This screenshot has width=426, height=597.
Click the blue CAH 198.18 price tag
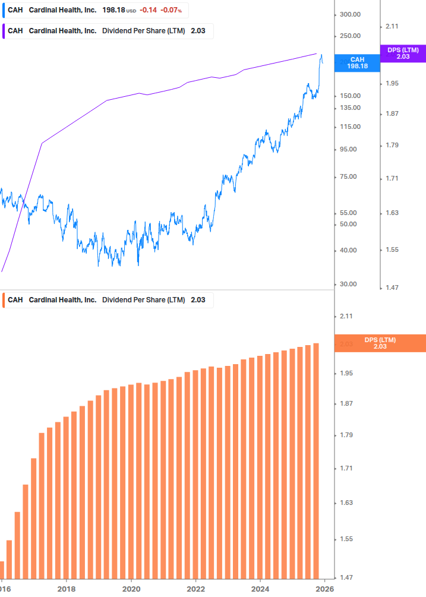357,63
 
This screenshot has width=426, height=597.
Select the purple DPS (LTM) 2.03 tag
403,53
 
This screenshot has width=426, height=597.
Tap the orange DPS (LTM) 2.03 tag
380,343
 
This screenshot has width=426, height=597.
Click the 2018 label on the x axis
66,589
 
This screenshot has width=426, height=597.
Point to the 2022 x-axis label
195,589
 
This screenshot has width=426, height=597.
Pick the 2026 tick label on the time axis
323,589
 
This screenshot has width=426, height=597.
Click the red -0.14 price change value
148,11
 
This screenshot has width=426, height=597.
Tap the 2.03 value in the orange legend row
198,300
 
